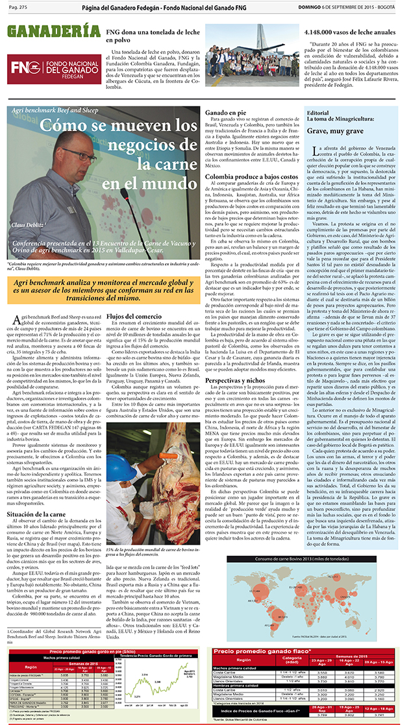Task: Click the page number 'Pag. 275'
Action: click(18, 6)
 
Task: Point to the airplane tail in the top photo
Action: click(261, 36)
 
